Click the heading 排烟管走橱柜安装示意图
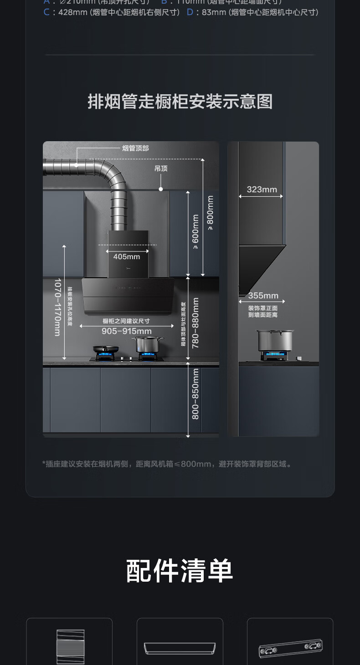pyautogui.click(x=180, y=102)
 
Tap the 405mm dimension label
pyautogui.click(x=127, y=257)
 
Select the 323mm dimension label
pyautogui.click(x=262, y=189)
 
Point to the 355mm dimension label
pyautogui.click(x=263, y=296)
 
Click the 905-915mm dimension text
pyautogui.click(x=127, y=331)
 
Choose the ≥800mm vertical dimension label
pyautogui.click(x=210, y=213)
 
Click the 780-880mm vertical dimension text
pyautogui.click(x=195, y=323)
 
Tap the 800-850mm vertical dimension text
pyautogui.click(x=195, y=394)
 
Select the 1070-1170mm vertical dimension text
pyautogui.click(x=57, y=307)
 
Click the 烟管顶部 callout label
pyautogui.click(x=135, y=148)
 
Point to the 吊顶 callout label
pyautogui.click(x=161, y=169)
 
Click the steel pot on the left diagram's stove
pyautogui.click(x=147, y=344)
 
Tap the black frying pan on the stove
pyautogui.click(x=106, y=349)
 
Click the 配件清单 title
pyautogui.click(x=180, y=571)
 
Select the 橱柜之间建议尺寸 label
pyautogui.click(x=126, y=321)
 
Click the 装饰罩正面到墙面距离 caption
pyautogui.click(x=263, y=312)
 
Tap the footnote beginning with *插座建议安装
pyautogui.click(x=167, y=464)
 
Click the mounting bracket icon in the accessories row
pyautogui.click(x=290, y=648)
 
